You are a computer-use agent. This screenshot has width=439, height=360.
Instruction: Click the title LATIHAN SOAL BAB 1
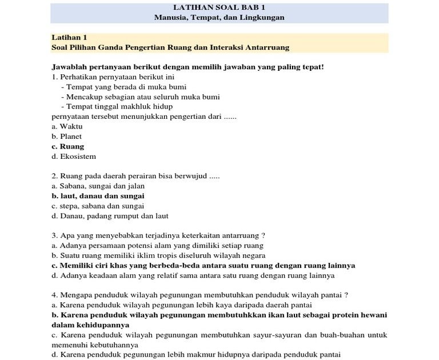click(x=219, y=7)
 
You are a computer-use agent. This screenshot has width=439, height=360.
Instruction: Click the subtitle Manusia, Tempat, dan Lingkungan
click(x=219, y=18)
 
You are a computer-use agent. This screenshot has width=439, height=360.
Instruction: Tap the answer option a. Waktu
click(x=67, y=126)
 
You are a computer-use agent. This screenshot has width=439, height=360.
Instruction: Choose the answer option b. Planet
click(x=66, y=137)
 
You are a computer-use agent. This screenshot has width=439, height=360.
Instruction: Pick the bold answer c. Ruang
click(x=67, y=146)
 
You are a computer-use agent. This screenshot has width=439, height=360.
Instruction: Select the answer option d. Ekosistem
click(x=74, y=157)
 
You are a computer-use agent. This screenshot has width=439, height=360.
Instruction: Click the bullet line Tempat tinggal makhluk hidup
click(x=119, y=106)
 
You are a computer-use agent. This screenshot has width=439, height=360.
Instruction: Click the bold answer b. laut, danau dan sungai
click(x=98, y=196)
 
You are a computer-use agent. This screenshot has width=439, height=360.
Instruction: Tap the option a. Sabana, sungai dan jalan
click(x=98, y=186)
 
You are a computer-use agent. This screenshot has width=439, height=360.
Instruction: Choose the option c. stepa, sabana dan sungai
click(x=98, y=206)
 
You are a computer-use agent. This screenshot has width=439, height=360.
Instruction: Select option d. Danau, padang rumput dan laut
click(x=110, y=216)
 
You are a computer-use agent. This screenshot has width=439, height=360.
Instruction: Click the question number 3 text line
click(x=158, y=235)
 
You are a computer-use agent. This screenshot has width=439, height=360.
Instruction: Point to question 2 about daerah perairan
click(x=135, y=176)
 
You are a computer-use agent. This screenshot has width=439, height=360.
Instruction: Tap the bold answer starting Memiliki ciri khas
click(x=203, y=266)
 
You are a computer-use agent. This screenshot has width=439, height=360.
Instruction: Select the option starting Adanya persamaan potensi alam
click(x=157, y=246)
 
